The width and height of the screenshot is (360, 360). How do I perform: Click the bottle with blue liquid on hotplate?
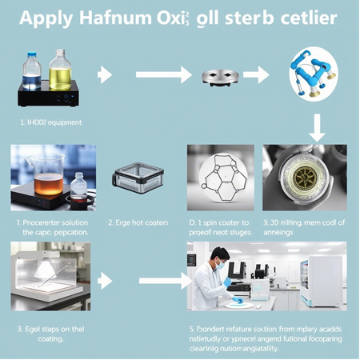(x=32, y=73)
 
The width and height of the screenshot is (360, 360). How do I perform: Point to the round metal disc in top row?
(x=219, y=77)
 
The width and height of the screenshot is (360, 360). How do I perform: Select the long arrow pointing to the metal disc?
(x=163, y=75)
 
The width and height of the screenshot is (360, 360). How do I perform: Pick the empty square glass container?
(x=138, y=179)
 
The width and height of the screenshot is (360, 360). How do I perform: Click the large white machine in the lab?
(x=323, y=279)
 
